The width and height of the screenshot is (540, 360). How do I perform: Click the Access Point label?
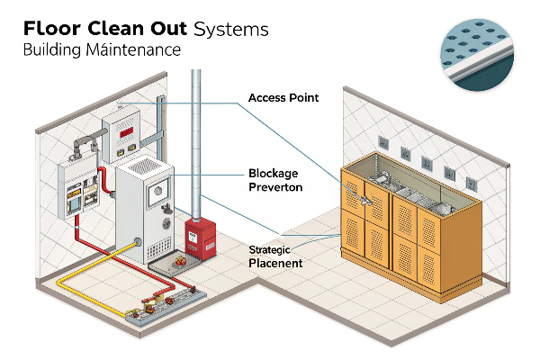pyautogui.click(x=283, y=97)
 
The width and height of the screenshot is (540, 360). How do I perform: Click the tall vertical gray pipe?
pyautogui.click(x=196, y=135)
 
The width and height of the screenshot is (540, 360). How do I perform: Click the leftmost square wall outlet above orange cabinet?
pyautogui.click(x=382, y=141)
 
